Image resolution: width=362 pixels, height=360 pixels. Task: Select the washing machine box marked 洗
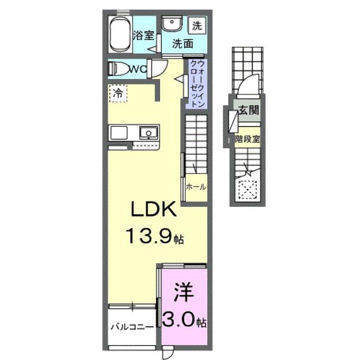(197, 26)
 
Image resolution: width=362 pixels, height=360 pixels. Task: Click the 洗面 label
(182, 44)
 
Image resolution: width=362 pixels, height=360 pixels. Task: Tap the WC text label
(139, 69)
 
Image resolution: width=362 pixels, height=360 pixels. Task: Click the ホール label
(196, 187)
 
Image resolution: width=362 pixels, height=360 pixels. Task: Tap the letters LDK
(153, 210)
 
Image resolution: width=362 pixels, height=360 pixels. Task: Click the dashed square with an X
(247, 190)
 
